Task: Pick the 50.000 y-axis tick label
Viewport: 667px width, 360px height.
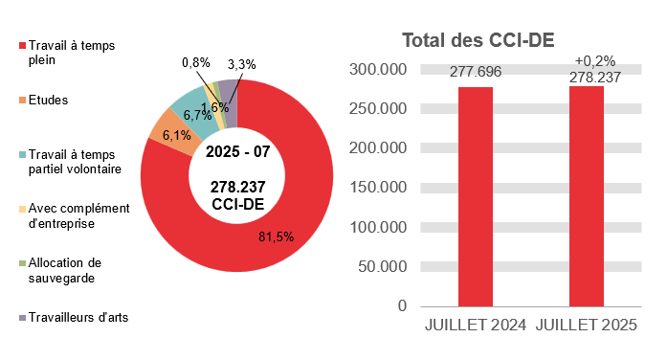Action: [381, 266]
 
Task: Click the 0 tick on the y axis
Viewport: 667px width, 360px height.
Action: [402, 305]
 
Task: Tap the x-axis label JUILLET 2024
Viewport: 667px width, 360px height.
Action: [476, 326]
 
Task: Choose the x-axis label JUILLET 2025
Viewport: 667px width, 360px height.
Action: [588, 326]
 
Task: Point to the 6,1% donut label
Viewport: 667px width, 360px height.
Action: [177, 136]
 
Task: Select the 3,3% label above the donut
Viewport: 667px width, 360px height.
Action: [242, 64]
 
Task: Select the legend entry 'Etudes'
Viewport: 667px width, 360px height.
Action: [48, 100]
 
